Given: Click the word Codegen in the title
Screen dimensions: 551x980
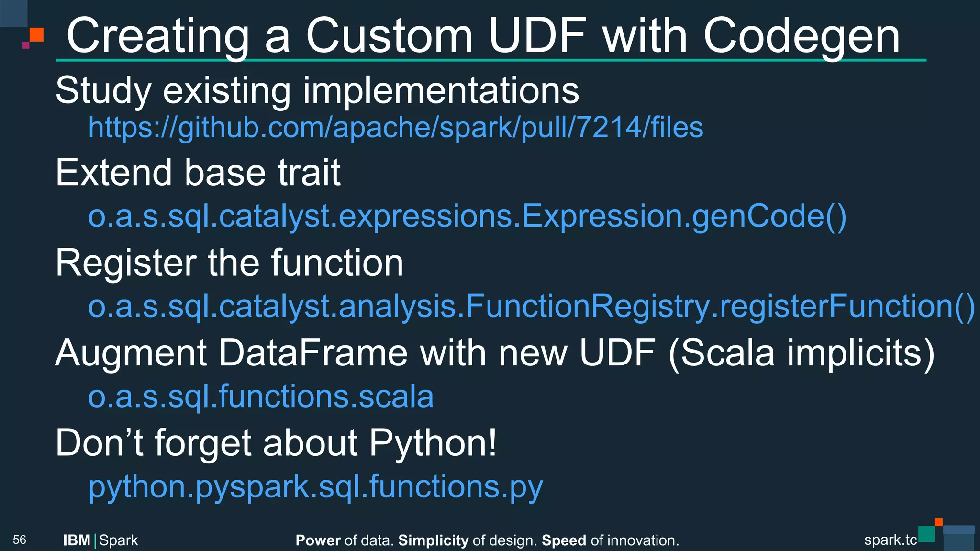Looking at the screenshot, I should click(x=801, y=36).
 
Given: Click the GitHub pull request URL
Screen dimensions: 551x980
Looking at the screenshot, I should click(x=396, y=128).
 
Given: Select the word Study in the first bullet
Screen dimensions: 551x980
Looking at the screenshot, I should click(x=103, y=90).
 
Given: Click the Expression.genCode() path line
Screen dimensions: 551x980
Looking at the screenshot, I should click(x=467, y=216).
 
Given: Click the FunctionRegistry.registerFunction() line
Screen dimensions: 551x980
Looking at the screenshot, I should click(x=531, y=306).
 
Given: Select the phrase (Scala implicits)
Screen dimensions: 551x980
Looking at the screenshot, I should click(x=801, y=353).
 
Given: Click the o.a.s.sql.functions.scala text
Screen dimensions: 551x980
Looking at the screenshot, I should click(x=261, y=397).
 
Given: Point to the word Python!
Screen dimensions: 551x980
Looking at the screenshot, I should click(x=433, y=443).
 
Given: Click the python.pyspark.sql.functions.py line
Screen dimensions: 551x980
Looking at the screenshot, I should click(x=315, y=486).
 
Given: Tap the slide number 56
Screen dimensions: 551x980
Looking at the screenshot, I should click(x=20, y=540).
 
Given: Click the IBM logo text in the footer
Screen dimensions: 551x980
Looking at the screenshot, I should click(x=77, y=540).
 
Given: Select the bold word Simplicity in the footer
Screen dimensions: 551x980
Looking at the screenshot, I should click(x=433, y=540).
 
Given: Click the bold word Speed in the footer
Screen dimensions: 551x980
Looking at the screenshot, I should click(x=564, y=540).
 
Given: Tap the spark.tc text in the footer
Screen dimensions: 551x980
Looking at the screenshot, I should click(x=890, y=540).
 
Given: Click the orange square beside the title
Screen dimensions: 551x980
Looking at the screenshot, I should click(x=36, y=35).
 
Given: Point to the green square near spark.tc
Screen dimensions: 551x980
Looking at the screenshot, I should click(x=926, y=534).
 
